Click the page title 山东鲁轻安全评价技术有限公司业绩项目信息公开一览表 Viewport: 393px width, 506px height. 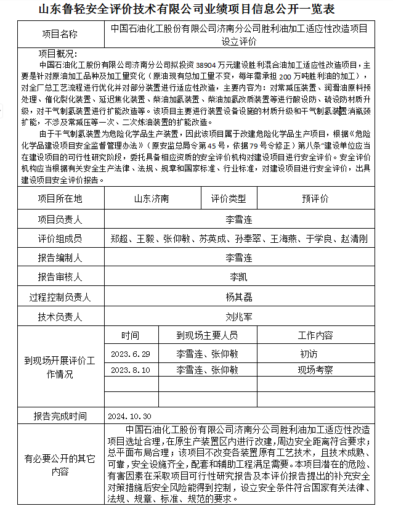(x=195, y=9)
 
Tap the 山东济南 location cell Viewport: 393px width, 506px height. (x=152, y=198)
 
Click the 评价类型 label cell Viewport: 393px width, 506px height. (x=229, y=198)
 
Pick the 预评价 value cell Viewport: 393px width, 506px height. (x=315, y=198)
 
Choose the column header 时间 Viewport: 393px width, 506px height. (x=130, y=336)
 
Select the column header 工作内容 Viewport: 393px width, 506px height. (x=315, y=336)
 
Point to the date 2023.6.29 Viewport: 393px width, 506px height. (x=130, y=354)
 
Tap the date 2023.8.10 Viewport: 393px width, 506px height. (x=130, y=370)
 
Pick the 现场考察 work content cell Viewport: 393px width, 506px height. (x=315, y=370)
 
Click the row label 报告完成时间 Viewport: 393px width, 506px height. (x=60, y=416)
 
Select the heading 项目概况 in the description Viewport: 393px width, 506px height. (x=56, y=54)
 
